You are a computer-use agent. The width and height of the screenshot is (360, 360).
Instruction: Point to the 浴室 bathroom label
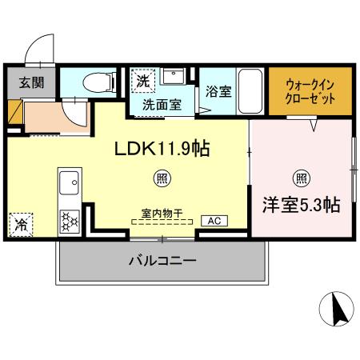coord(218,92)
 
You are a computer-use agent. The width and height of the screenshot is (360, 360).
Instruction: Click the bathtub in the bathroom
coord(250,90)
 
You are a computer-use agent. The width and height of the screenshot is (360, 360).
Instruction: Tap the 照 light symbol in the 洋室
coord(302,178)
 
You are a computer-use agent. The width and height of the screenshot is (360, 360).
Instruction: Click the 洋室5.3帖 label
coord(301,205)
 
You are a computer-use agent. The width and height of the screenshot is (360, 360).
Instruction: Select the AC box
coord(214,221)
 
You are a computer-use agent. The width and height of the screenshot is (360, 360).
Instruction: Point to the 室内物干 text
coord(162,213)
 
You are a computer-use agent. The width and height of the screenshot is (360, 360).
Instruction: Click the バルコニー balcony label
coord(162,261)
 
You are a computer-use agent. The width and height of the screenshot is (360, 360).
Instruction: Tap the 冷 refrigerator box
coord(19,224)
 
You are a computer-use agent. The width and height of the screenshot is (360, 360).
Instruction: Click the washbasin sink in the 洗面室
coord(174,78)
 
